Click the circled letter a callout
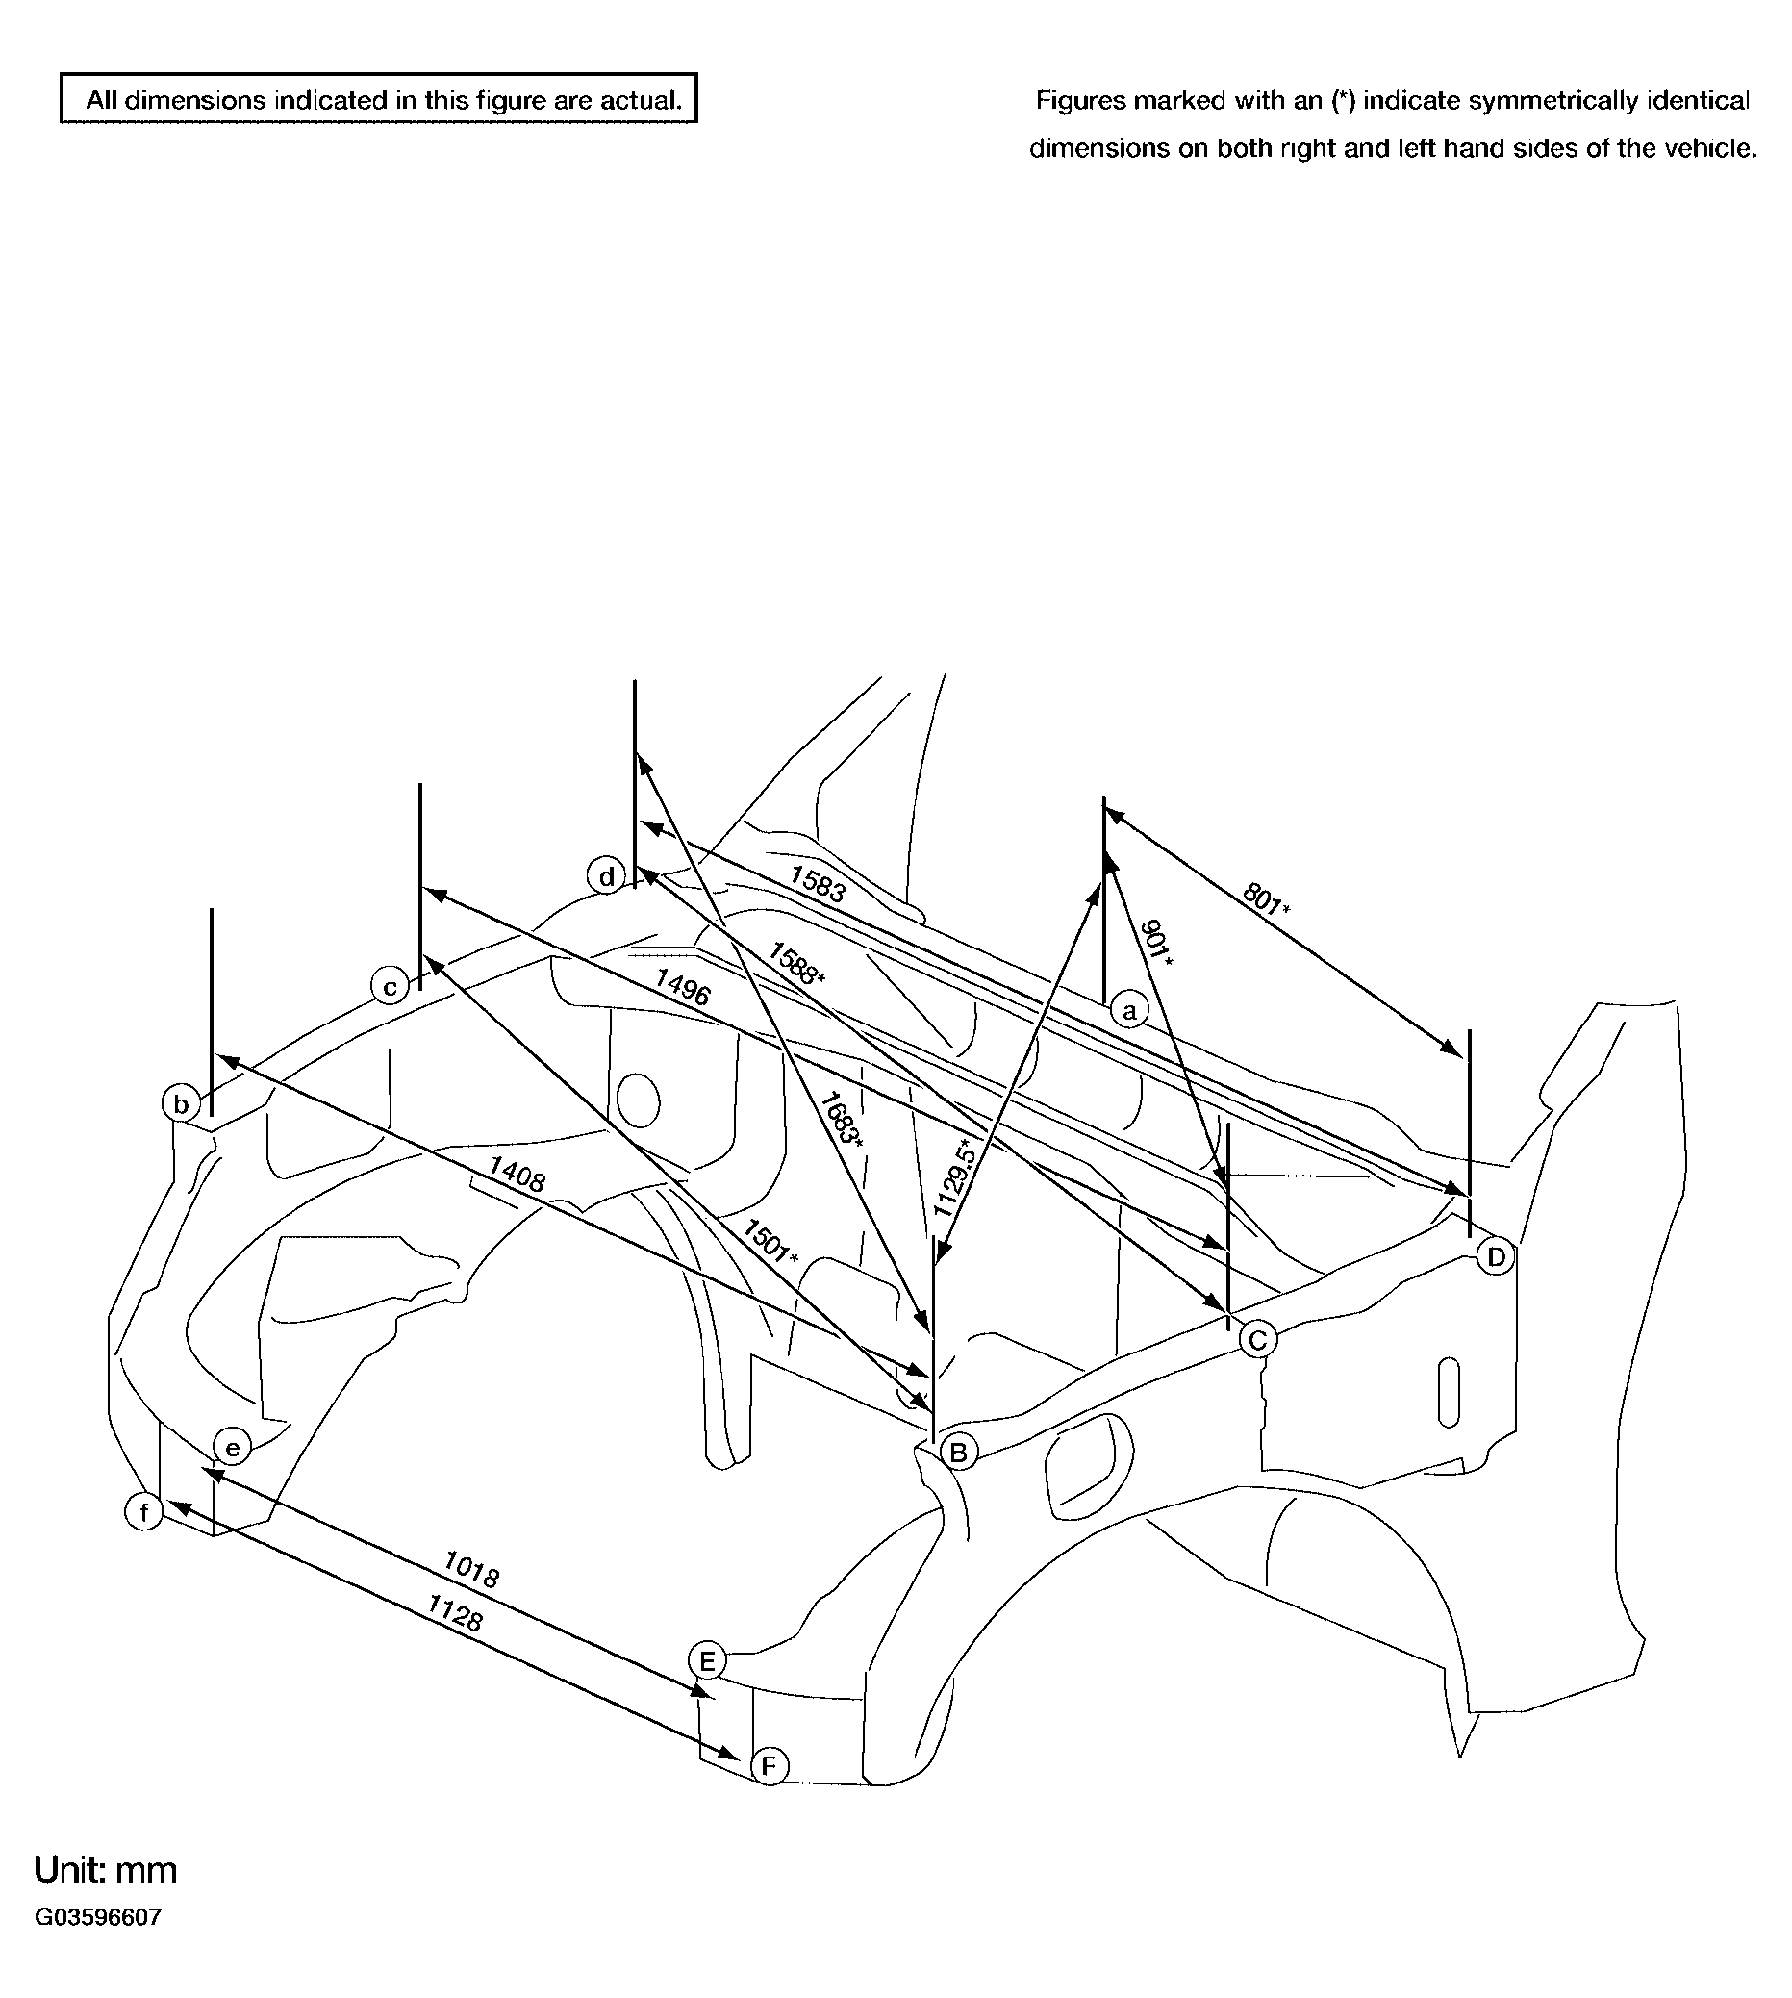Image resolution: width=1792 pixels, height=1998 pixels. pos(1129,1010)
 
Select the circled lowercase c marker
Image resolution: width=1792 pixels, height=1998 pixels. pos(390,986)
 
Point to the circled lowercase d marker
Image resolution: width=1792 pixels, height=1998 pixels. pos(607,875)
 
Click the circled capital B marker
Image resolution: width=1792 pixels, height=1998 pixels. pos(958,1452)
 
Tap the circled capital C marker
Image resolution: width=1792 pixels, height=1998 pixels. pos(1257,1339)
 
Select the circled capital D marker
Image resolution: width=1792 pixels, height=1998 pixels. pos(1496,1256)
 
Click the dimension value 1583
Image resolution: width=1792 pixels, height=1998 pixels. pos(818,883)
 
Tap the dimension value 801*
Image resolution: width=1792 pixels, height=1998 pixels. pos(1266,899)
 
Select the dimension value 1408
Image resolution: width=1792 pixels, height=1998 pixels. pos(516,1175)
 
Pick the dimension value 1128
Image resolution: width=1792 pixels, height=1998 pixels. pos(454,1613)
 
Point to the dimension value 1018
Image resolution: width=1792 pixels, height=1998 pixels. pos(471,1569)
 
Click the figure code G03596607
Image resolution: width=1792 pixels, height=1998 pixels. pos(97,1917)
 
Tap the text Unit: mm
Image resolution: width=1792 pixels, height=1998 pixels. pos(106,1870)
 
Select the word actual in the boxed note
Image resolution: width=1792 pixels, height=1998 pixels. pos(641,99)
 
